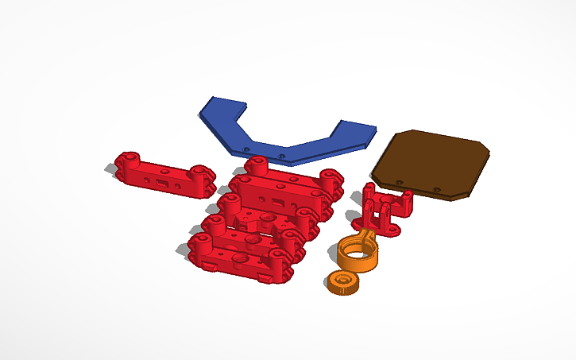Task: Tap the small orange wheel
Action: pos(343,283)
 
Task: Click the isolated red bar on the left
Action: pos(164,173)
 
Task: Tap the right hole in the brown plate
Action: pos(436,189)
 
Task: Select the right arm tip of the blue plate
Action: pos(357,129)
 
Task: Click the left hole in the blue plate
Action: pos(247,148)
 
